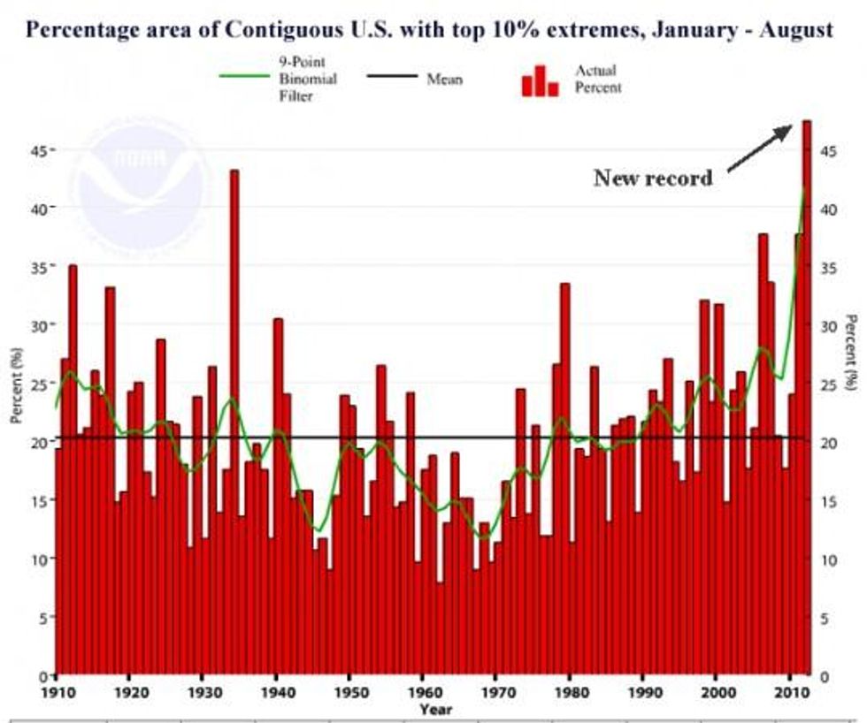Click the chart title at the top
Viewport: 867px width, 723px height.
click(x=429, y=30)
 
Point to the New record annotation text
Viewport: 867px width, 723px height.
click(x=653, y=178)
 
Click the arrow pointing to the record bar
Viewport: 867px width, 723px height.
click(x=759, y=148)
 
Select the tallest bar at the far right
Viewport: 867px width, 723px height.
click(x=806, y=398)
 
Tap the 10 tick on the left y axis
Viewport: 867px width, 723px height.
click(x=40, y=559)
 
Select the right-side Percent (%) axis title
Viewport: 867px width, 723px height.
click(x=851, y=352)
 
